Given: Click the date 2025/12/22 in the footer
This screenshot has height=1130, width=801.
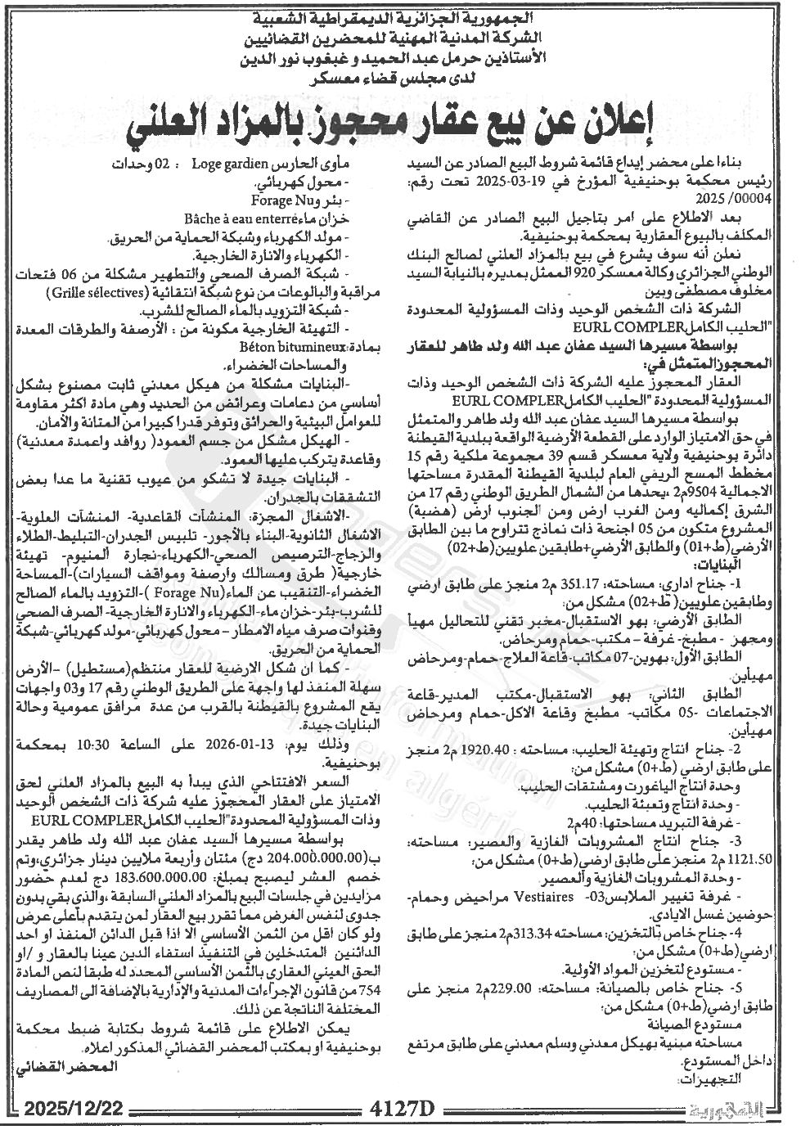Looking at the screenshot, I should pos(74,1108).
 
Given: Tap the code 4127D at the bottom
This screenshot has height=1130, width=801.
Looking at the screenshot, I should pos(403,1109).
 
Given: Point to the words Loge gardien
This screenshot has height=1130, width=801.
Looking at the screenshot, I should pos(225,163).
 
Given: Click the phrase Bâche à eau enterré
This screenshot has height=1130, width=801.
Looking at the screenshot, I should pos(269,218).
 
